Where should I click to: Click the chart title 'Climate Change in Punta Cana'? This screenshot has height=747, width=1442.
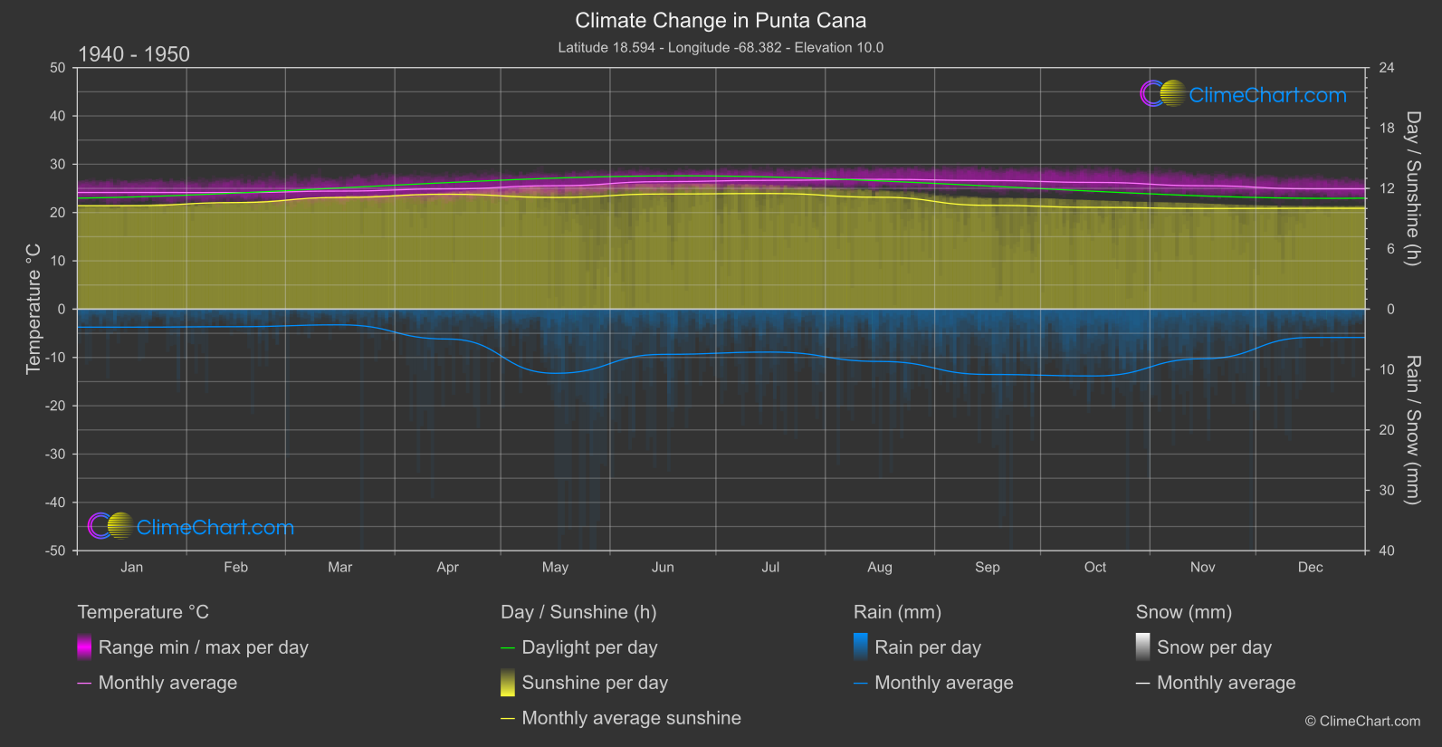coord(721,21)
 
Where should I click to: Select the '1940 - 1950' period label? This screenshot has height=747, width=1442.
coord(134,54)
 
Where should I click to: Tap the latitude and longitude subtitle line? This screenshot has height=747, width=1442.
coord(721,48)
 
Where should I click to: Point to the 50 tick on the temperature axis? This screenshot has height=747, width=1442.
coord(58,68)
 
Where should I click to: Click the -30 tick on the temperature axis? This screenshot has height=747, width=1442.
coord(55,455)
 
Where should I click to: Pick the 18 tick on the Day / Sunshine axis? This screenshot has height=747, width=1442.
coord(1387,129)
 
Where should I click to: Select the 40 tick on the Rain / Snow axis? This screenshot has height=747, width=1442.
coord(1387,551)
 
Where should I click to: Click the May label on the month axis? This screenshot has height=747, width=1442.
coord(555,568)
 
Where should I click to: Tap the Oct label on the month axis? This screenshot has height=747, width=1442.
coord(1095,568)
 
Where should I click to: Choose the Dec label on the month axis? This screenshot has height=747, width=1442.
coord(1310,568)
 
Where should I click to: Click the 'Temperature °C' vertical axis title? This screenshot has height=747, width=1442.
coord(33,309)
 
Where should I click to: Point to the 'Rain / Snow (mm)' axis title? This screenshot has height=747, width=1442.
coord(1412,430)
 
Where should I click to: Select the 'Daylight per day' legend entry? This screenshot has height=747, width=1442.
coord(589,647)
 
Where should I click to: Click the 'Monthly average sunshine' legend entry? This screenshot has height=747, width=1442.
coord(631,718)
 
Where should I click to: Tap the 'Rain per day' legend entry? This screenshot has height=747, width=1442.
coord(927,647)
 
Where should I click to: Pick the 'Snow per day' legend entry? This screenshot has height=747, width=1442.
coord(1214,647)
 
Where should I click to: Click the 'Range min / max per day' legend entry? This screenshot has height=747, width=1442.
coord(203,647)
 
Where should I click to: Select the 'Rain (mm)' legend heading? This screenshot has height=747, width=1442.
coord(897,612)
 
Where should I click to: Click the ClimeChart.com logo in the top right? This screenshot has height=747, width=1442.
coord(1244,94)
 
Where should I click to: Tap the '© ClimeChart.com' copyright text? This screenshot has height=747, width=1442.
coord(1362,722)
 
